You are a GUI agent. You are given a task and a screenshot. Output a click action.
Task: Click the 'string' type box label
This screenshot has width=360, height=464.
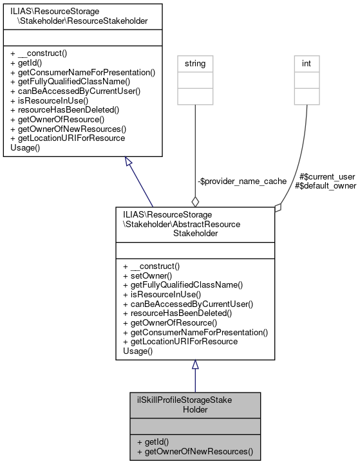pyautogui.click(x=196, y=64)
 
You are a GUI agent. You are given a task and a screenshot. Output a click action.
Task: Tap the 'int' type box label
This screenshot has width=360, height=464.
pyautogui.click(x=307, y=64)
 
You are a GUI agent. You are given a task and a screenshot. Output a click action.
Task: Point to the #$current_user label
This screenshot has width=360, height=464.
pyautogui.click(x=328, y=176)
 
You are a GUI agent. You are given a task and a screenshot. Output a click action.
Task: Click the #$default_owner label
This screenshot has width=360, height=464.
pyautogui.click(x=325, y=185)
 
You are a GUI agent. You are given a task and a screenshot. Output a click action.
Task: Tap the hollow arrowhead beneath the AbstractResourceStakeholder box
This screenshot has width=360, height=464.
pyautogui.click(x=195, y=365)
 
